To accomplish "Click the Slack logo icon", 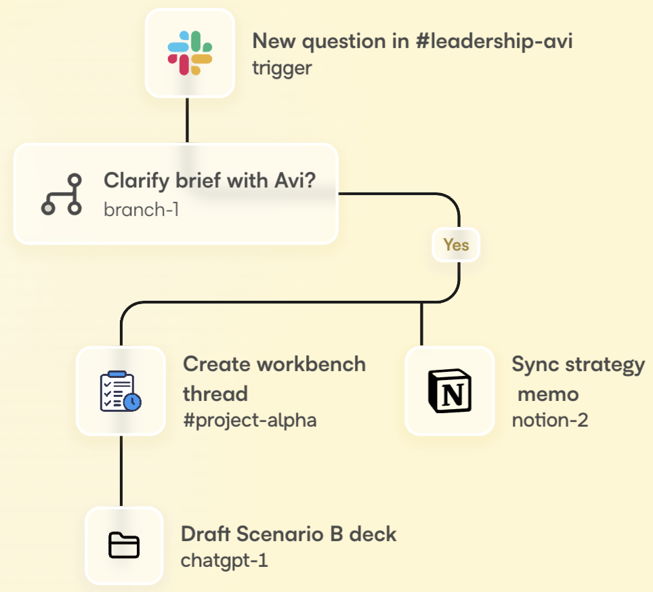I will [x=190, y=53].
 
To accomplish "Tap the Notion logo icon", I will [x=449, y=391].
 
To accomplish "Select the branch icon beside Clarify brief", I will [x=62, y=194].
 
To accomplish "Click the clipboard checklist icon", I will [x=121, y=391].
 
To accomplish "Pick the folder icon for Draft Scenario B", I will [x=124, y=545].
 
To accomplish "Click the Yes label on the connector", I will [x=456, y=245].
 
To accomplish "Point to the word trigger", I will [x=282, y=68].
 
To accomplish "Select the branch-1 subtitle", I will [x=141, y=209].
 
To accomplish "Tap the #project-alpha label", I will [x=249, y=420].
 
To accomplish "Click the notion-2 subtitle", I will [x=549, y=420].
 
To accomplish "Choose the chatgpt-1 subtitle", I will [x=224, y=561].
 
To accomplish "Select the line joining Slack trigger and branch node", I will [x=187, y=120].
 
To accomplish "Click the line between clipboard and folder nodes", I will [x=121, y=471].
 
